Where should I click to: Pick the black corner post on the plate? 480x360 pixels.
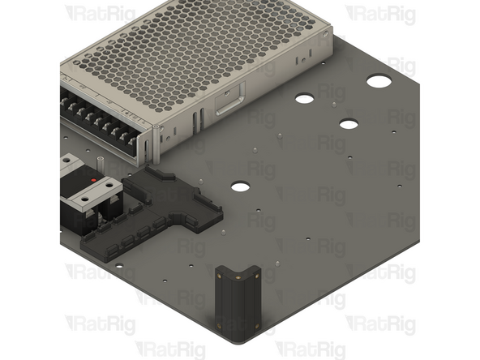pos(236,300)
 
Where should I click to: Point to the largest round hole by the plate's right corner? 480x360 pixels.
pos(378,81)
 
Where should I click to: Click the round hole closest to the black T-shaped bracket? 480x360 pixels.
pos(240,186)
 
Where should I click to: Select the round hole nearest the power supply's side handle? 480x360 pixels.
pos(304,99)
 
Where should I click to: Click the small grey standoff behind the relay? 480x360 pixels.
pos(96,162)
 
